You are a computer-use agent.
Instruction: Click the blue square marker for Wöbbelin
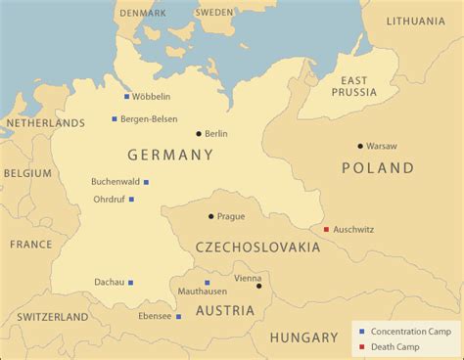coord(126,97)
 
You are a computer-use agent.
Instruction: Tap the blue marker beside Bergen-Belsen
coord(115,119)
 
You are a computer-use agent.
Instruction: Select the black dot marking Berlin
coord(199,134)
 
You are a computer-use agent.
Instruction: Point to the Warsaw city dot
coord(360,146)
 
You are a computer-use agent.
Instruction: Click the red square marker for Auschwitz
coord(326,230)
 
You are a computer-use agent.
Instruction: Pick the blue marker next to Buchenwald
coord(146,182)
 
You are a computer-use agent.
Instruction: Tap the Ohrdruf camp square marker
coord(131,200)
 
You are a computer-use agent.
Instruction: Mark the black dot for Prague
coord(210,216)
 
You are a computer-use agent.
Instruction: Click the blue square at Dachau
coord(130,283)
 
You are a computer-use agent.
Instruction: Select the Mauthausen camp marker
coord(207,283)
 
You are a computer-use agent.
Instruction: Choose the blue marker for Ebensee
coord(178,317)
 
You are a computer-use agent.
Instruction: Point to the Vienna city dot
coord(259,286)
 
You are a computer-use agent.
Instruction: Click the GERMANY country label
coord(170,156)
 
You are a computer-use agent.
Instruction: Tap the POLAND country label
coord(378,168)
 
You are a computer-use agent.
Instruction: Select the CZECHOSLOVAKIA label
coord(257,247)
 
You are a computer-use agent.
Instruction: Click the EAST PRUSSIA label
coord(354,85)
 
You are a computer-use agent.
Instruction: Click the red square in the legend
coord(362,347)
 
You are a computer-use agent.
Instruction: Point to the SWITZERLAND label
coord(51,317)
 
